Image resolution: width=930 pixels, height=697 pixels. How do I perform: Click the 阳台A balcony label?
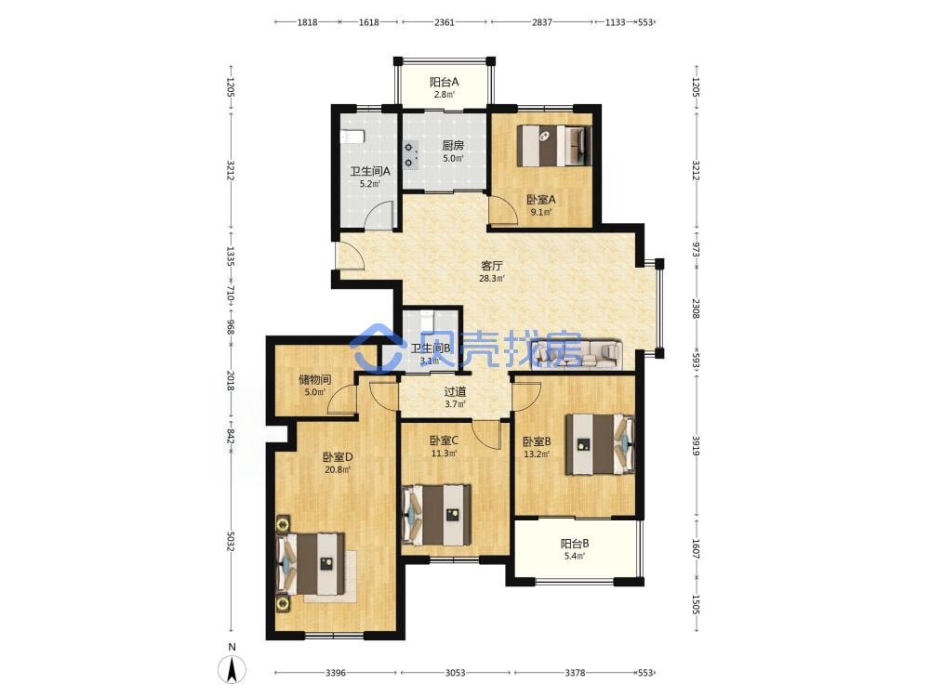(445, 83)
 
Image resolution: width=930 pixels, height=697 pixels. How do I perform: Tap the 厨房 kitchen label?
(453, 145)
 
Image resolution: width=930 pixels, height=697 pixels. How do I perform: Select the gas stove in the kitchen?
(410, 155)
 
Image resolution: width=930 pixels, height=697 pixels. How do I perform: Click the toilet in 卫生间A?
(352, 137)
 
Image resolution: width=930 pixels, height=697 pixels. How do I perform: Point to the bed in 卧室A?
(554, 146)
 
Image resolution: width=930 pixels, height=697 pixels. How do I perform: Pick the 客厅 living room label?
(492, 266)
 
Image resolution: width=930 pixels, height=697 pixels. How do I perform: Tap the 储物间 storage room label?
(314, 379)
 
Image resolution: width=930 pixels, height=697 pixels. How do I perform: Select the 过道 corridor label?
(455, 392)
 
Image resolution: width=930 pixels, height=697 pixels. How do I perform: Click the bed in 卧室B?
(600, 444)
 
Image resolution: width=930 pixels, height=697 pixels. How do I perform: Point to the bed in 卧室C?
(436, 515)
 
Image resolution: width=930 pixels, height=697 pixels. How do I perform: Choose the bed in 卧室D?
(311, 564)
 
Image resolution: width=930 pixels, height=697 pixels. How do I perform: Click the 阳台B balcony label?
(575, 544)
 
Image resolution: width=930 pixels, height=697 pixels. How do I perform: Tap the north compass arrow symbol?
(232, 670)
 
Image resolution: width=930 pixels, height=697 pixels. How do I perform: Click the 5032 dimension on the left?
(231, 542)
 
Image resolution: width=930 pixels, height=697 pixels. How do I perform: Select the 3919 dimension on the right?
(696, 445)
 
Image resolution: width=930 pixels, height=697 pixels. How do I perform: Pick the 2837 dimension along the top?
(541, 22)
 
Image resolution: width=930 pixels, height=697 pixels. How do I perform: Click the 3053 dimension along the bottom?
(455, 673)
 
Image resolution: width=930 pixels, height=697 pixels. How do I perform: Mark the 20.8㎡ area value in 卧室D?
(338, 470)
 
